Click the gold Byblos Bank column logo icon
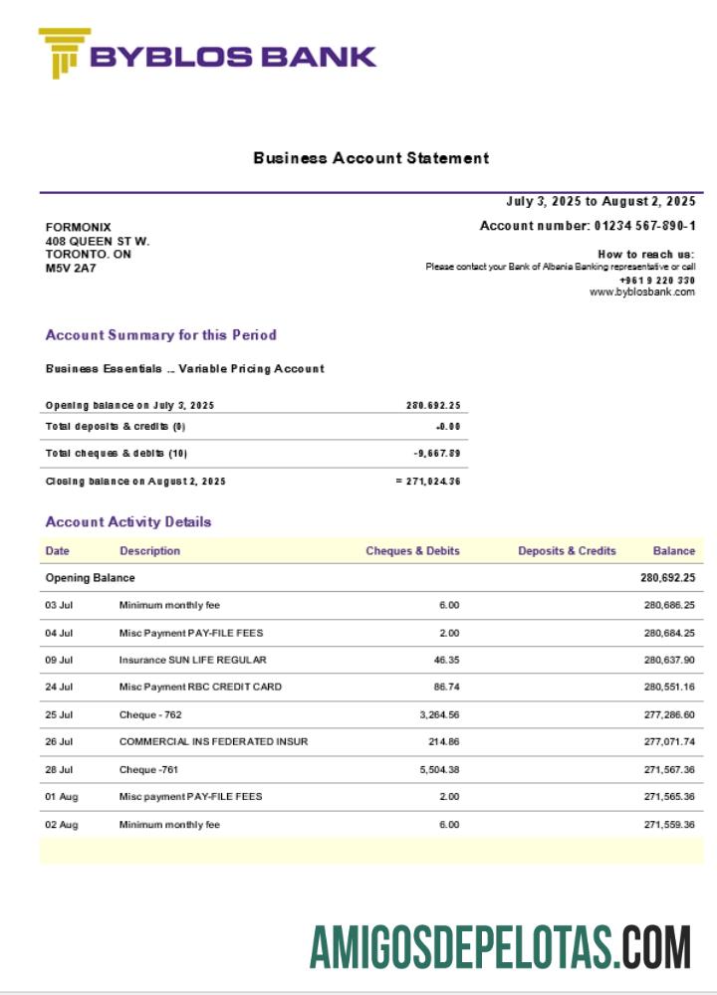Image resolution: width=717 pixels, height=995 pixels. pyautogui.click(x=64, y=53)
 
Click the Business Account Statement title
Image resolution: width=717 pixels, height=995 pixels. pyautogui.click(x=370, y=157)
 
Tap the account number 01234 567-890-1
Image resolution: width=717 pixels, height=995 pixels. pyautogui.click(x=644, y=226)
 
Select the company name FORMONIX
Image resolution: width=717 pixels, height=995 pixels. pyautogui.click(x=79, y=227)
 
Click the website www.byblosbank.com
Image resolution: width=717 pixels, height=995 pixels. pyautogui.click(x=641, y=292)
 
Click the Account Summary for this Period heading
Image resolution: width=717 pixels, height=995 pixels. pyautogui.click(x=161, y=335)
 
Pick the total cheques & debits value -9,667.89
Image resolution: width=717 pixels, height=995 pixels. pyautogui.click(x=437, y=454)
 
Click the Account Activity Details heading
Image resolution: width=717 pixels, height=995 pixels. pyautogui.click(x=128, y=522)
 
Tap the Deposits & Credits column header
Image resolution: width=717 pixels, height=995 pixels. pyautogui.click(x=567, y=551)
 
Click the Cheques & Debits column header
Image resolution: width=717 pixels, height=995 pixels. pyautogui.click(x=412, y=551)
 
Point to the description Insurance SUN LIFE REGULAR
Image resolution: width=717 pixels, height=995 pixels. pyautogui.click(x=192, y=660)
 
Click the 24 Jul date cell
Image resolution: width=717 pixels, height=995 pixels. pyautogui.click(x=59, y=688)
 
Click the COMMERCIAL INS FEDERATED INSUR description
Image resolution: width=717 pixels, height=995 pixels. pyautogui.click(x=213, y=742)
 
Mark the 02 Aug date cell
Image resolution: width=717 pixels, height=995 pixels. pyautogui.click(x=62, y=825)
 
